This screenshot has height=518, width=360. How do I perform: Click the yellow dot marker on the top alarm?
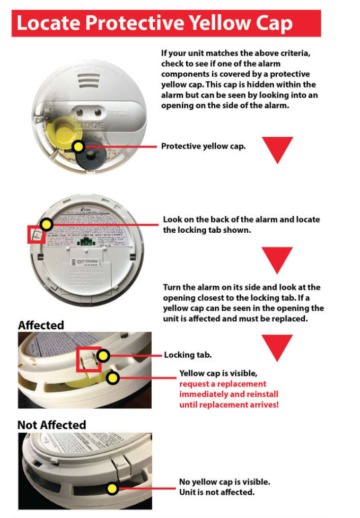click(78, 146)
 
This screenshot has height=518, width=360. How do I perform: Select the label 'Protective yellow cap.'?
click(203, 146)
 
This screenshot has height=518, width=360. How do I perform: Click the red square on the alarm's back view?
click(36, 233)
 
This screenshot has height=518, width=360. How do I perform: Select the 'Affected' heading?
click(41, 325)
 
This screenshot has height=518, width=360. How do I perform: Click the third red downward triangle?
click(277, 347)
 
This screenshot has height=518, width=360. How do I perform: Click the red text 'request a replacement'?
click(223, 384)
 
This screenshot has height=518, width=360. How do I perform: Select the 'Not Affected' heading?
click(51, 425)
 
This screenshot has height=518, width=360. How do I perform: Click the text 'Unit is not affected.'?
click(216, 492)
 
